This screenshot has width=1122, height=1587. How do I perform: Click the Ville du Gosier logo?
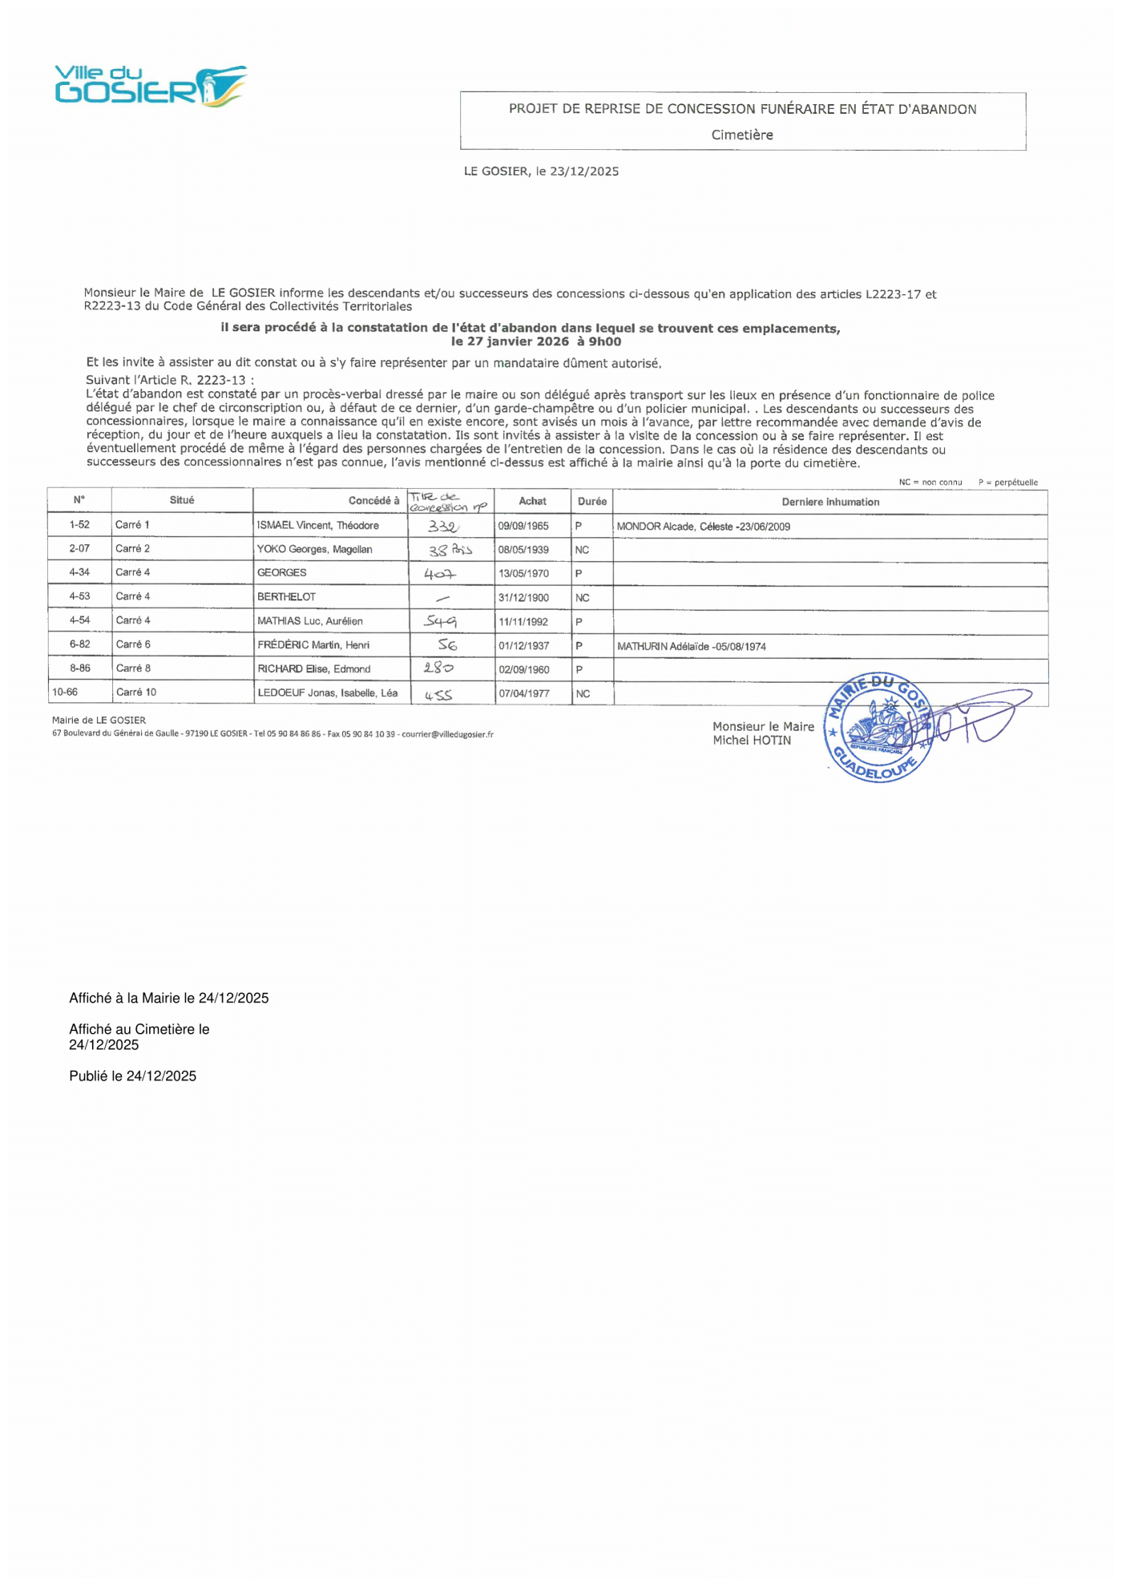pos(151,86)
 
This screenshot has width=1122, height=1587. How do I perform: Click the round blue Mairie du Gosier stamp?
pos(879,728)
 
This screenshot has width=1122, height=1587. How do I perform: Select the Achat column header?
pos(532,502)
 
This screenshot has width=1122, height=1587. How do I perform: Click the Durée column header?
pos(592,502)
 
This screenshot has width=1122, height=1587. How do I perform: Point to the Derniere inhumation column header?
pos(830,503)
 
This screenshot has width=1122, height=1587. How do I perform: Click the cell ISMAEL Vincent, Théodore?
pos(318,526)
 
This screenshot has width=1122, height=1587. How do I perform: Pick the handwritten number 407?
pos(440,574)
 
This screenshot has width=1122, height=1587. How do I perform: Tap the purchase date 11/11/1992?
pos(523,622)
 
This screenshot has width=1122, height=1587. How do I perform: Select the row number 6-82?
pos(79,644)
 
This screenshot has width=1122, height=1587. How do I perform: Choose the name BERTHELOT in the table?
pos(286,597)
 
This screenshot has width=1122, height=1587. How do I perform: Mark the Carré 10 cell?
pos(136,693)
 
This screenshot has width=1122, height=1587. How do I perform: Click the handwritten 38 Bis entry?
pos(450,551)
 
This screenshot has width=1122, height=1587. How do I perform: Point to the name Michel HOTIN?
pos(752,741)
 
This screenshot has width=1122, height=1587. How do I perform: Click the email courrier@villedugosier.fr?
pos(447,734)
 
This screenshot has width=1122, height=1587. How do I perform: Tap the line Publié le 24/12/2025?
pos(132,1076)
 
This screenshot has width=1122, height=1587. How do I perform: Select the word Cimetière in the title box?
pos(742,135)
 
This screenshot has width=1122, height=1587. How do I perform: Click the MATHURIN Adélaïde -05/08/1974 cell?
pos(692,647)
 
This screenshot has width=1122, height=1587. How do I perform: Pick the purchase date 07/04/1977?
pos(524,694)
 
